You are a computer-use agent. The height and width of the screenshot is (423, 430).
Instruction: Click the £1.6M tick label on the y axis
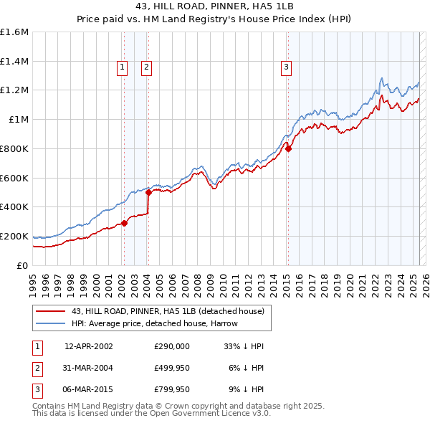click(x=14, y=32)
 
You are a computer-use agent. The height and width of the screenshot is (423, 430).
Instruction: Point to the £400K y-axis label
click(x=14, y=206)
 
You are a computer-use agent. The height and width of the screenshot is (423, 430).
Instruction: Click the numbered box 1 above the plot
click(x=123, y=68)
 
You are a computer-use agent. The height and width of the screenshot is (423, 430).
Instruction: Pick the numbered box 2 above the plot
click(x=146, y=68)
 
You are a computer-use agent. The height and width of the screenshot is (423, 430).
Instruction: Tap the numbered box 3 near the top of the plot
click(x=286, y=68)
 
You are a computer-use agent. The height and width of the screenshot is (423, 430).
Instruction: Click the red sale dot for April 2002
click(x=124, y=223)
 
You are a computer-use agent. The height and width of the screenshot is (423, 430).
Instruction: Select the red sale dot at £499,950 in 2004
click(x=148, y=192)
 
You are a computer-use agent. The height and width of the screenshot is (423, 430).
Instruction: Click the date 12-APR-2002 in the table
click(x=88, y=346)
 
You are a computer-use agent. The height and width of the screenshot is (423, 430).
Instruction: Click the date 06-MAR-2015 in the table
click(x=88, y=390)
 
